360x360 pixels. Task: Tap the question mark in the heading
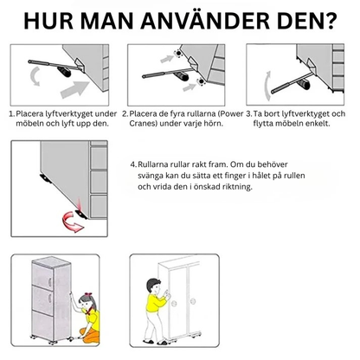click(x=330, y=21)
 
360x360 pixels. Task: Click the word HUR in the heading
click(x=48, y=21)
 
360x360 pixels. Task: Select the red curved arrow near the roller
click(x=72, y=222)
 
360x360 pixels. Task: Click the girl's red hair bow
click(x=88, y=295)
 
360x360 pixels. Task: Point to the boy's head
click(x=153, y=286)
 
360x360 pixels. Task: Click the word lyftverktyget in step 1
click(x=69, y=114)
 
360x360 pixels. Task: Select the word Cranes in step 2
click(x=143, y=124)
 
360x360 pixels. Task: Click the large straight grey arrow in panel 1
click(x=74, y=89)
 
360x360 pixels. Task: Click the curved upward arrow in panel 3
click(x=267, y=86)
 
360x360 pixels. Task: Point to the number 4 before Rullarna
click(x=133, y=164)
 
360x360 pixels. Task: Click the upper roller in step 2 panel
click(x=177, y=54)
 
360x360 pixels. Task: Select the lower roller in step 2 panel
click(x=200, y=82)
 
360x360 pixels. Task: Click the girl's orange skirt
click(x=90, y=335)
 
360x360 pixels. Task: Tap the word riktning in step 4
click(x=238, y=187)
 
